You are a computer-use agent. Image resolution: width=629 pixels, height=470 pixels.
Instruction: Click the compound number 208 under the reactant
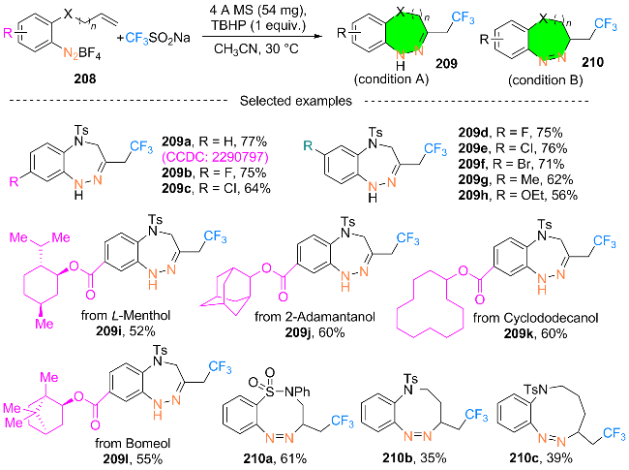pyautogui.click(x=85, y=78)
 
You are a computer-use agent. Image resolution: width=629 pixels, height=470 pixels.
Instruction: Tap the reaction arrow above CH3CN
pyautogui.click(x=262, y=36)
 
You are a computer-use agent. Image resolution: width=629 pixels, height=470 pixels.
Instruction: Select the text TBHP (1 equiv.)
pyautogui.click(x=258, y=25)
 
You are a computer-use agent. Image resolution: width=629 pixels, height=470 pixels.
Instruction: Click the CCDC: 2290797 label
pyautogui.click(x=215, y=157)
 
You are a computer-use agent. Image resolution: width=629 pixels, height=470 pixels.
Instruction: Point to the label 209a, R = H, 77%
pyautogui.click(x=214, y=141)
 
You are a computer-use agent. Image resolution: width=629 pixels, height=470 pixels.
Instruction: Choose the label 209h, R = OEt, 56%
pyautogui.click(x=518, y=195)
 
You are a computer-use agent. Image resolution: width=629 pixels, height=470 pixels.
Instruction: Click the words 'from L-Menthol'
pyautogui.click(x=126, y=315)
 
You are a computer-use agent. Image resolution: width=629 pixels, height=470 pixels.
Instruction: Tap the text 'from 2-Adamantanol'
pyautogui.click(x=314, y=317)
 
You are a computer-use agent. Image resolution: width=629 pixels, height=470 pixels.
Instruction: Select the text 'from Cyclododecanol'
pyautogui.click(x=535, y=318)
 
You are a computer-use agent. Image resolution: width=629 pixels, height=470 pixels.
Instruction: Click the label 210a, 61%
pyautogui.click(x=275, y=458)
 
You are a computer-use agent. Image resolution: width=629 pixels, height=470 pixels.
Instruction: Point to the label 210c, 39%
pyautogui.click(x=541, y=458)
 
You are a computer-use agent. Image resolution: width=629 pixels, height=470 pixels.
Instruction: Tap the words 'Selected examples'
pyautogui.click(x=296, y=101)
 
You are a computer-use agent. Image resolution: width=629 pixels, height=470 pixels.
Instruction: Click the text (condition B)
pyautogui.click(x=545, y=79)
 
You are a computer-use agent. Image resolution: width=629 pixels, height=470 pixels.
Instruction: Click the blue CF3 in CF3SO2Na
pyautogui.click(x=136, y=38)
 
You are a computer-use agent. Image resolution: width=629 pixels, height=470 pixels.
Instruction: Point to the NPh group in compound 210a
pyautogui.click(x=297, y=392)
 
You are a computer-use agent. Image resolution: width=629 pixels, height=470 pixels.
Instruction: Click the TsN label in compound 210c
pyautogui.click(x=535, y=389)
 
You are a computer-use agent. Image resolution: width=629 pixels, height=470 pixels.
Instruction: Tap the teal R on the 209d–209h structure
pyautogui.click(x=308, y=145)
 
